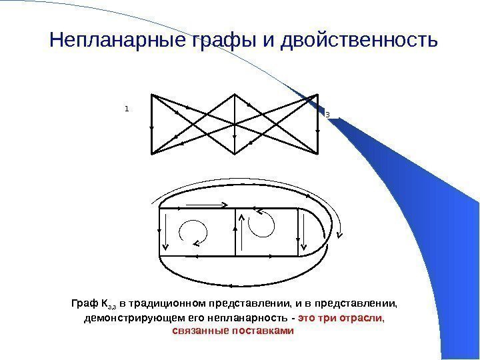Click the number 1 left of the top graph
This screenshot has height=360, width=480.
(x=126, y=107)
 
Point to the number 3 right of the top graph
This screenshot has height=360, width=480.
(x=327, y=115)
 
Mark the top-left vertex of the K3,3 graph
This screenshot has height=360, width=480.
(x=153, y=95)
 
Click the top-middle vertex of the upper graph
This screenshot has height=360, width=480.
(x=235, y=95)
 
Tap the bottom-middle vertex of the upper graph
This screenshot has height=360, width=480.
(x=235, y=153)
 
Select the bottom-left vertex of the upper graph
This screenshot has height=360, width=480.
(x=153, y=153)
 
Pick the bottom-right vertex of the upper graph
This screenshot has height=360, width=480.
(x=318, y=153)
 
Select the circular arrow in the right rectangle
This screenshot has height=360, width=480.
(x=261, y=223)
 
